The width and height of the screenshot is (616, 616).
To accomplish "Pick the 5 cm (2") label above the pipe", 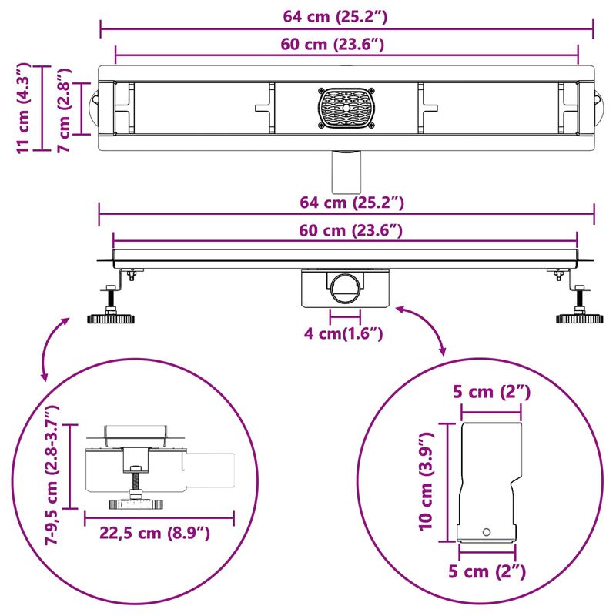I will [492, 391].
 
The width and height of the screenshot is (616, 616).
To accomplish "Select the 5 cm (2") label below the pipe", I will [488, 571].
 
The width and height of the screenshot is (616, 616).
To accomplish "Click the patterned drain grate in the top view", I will [346, 109].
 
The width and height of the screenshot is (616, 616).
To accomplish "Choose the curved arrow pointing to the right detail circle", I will [423, 328].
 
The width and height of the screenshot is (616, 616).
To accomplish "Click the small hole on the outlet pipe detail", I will [487, 532].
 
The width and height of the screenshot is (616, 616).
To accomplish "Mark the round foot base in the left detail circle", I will [137, 504].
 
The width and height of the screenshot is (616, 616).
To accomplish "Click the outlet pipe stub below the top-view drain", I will [345, 170].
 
